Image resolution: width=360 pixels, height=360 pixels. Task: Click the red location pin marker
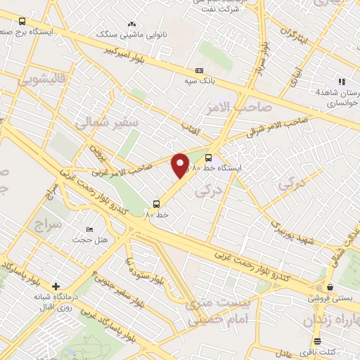[x=181, y=166]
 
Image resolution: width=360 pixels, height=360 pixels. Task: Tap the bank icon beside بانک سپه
[x=200, y=70]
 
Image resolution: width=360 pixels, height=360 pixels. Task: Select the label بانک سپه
[x=180, y=82]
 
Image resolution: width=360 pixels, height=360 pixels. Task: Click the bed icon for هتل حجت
[x=89, y=230]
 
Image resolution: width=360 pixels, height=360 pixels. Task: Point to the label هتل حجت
[x=92, y=240]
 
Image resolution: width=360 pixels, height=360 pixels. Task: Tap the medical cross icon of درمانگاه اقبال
[x=56, y=285]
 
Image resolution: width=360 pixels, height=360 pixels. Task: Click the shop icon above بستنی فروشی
[x=330, y=286]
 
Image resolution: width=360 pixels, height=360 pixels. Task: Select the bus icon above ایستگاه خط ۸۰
[x=207, y=157]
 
